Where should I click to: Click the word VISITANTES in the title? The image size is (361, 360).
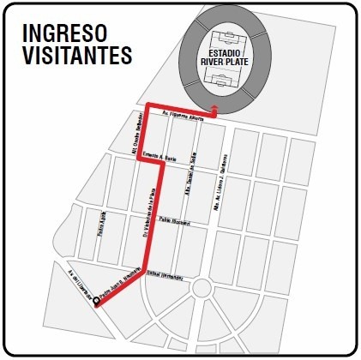pos(77,56)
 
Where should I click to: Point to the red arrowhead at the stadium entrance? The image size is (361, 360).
pos(214,111)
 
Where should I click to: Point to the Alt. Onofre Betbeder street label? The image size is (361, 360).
pos(135,146)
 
